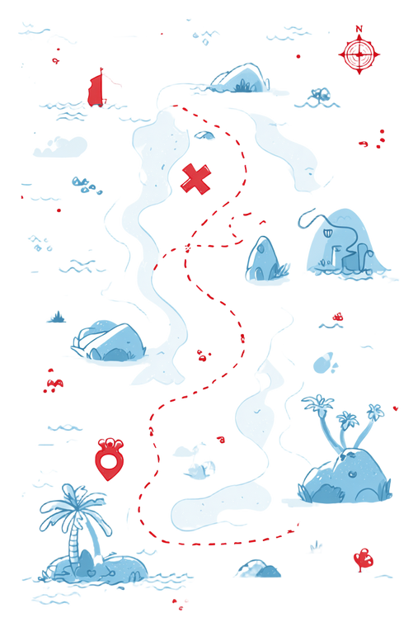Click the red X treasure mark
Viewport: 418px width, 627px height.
tap(196, 179)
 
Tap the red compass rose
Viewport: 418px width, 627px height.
tap(359, 54)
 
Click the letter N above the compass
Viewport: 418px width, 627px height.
tap(359, 29)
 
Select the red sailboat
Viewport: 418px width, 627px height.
tap(96, 89)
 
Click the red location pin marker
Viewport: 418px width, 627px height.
tap(109, 459)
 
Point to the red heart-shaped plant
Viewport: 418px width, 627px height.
tap(364, 560)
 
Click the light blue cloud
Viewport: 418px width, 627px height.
tap(60, 146)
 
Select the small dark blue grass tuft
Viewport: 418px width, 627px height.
tap(57, 318)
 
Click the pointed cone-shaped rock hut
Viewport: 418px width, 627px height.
tap(263, 259)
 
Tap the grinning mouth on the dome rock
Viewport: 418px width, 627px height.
tap(327, 231)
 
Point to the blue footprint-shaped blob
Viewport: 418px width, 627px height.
tap(324, 363)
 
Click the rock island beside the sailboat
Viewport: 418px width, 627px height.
tap(239, 78)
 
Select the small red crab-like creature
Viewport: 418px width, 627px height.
tap(54, 384)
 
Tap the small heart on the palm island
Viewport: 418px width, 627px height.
tap(92, 573)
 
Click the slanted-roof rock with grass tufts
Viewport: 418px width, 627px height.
tap(108, 341)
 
